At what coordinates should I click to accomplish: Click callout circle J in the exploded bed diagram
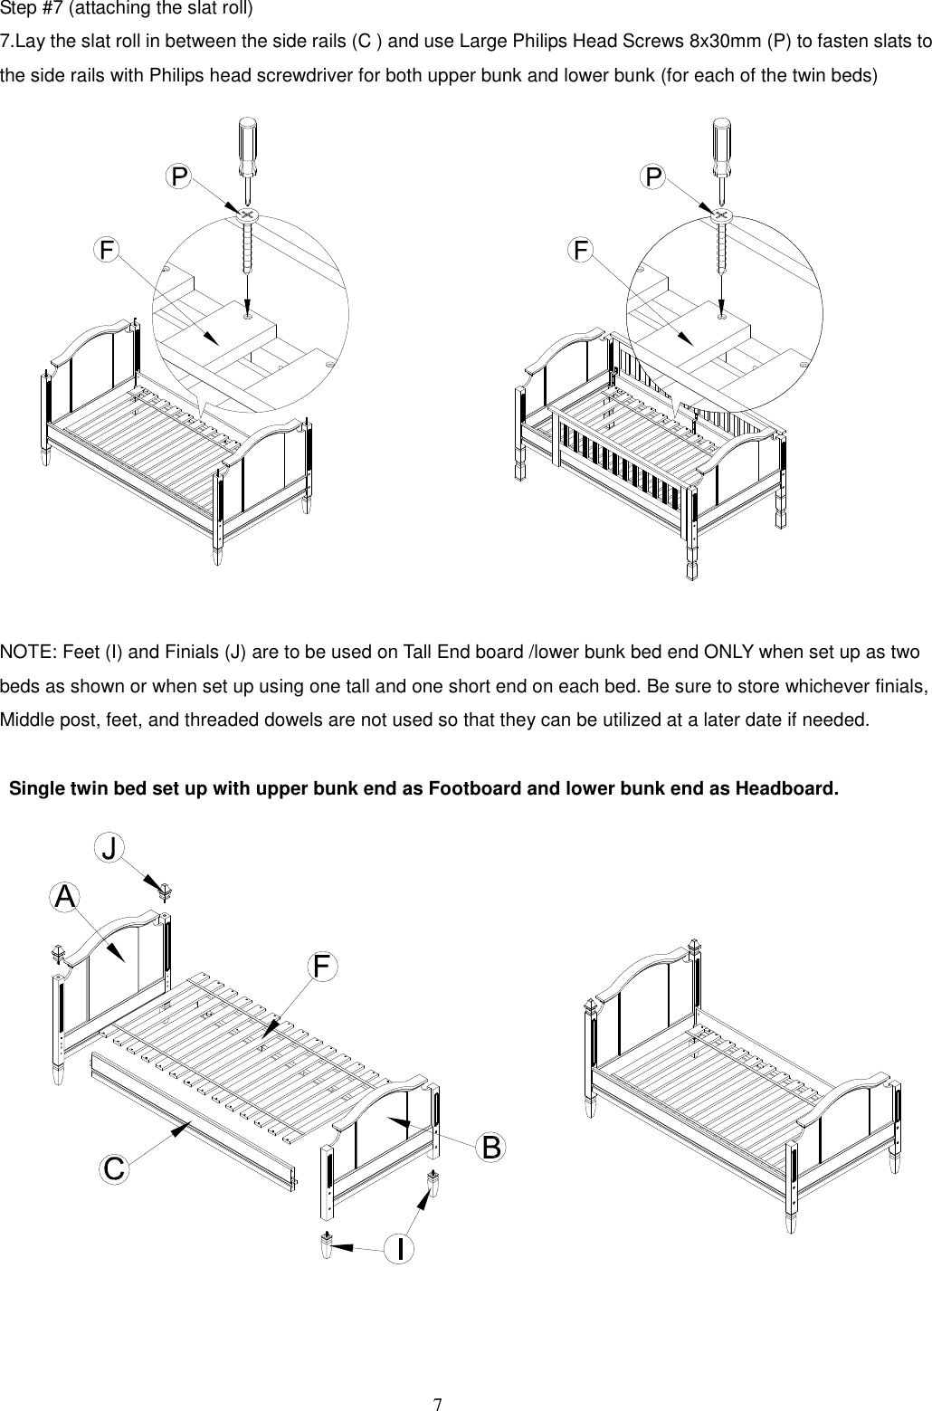[x=109, y=849]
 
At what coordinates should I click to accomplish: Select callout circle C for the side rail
[x=113, y=1168]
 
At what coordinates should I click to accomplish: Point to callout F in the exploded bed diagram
[x=321, y=967]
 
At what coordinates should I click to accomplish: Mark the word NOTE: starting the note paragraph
[x=26, y=653]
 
